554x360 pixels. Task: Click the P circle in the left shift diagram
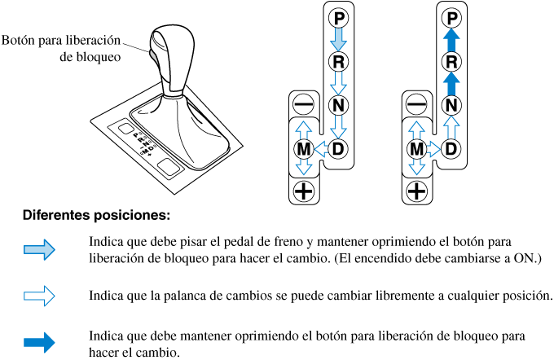pyautogui.click(x=339, y=17)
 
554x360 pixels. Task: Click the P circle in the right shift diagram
pyautogui.click(x=453, y=17)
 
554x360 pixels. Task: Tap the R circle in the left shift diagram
pyautogui.click(x=339, y=61)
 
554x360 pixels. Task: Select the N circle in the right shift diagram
pyautogui.click(x=453, y=105)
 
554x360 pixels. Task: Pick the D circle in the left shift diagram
pyautogui.click(x=339, y=149)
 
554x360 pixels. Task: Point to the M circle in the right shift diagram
pyautogui.click(x=417, y=149)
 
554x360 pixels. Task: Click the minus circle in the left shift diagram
pyautogui.click(x=303, y=105)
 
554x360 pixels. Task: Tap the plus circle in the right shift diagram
pyautogui.click(x=417, y=192)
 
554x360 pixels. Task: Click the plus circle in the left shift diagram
pyautogui.click(x=303, y=192)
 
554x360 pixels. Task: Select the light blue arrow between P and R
pyautogui.click(x=339, y=39)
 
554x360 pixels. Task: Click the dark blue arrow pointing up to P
pyautogui.click(x=453, y=39)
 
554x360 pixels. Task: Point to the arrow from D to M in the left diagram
pyautogui.click(x=321, y=149)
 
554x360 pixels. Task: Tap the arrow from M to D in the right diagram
pyautogui.click(x=435, y=149)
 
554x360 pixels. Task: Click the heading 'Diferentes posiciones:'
pyautogui.click(x=96, y=217)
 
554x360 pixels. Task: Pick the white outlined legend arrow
pyautogui.click(x=39, y=295)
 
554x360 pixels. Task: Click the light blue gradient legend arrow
pyautogui.click(x=39, y=250)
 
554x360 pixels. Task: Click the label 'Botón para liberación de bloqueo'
pyautogui.click(x=62, y=48)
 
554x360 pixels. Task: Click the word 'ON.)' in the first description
pyautogui.click(x=526, y=258)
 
